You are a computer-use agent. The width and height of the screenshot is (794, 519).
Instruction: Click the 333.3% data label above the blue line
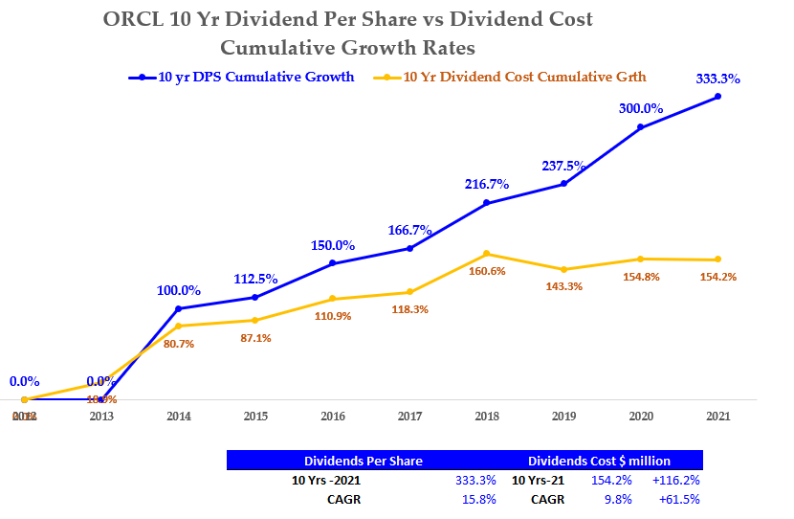point(717,79)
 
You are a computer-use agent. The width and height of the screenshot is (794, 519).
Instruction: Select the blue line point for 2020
point(640,127)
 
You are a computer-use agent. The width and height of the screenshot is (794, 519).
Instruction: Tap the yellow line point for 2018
point(486,254)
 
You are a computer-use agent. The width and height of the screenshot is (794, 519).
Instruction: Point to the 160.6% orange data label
point(486,271)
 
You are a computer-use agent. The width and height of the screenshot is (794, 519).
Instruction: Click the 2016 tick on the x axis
point(332,417)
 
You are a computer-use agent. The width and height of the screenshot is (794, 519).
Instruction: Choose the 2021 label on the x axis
point(717,417)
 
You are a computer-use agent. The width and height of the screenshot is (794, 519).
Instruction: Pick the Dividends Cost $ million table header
point(599,461)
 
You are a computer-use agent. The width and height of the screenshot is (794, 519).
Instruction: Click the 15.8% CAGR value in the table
point(475,499)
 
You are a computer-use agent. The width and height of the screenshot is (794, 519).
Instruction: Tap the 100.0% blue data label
point(178,290)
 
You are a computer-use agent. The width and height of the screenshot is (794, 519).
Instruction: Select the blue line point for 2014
point(178,308)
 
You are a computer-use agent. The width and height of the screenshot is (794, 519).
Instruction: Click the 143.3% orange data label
point(563,286)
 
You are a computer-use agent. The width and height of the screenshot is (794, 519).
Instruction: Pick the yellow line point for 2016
point(332,299)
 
